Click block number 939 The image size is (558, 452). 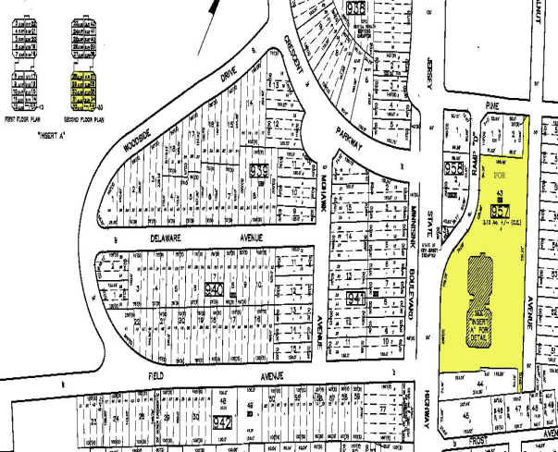(x=258, y=170)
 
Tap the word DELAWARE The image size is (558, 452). (x=169, y=238)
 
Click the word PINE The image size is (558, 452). (x=490, y=108)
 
